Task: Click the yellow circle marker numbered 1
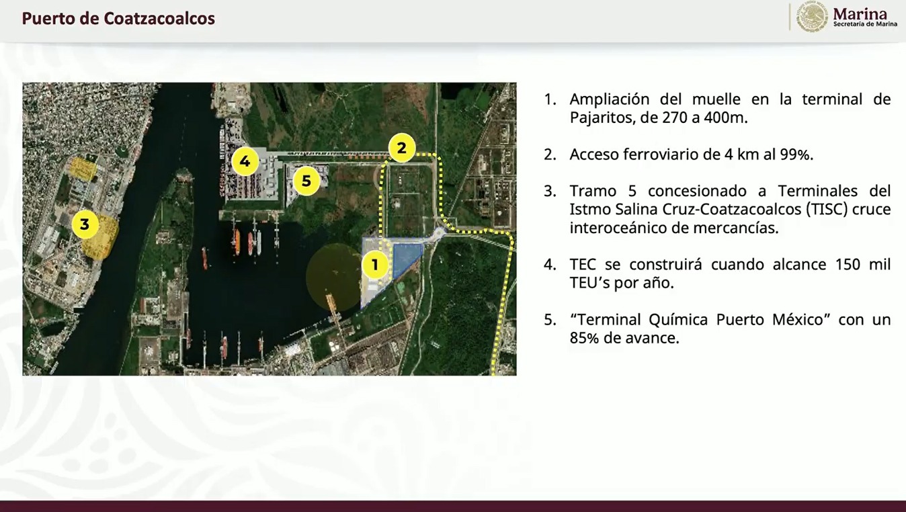point(375,265)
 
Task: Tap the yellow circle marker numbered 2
point(402,148)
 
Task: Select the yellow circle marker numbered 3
point(85,224)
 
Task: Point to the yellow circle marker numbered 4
point(245,161)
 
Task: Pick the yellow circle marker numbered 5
point(306,181)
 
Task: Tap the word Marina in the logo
point(860,14)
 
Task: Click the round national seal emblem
point(811,17)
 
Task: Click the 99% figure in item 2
point(796,155)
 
